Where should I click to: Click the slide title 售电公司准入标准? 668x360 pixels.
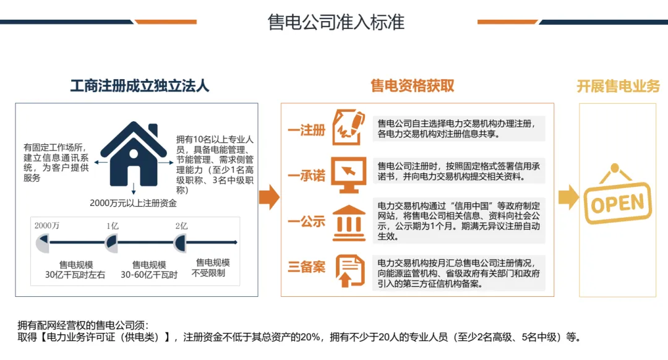point(335,22)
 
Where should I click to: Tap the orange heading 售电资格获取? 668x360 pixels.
point(412,86)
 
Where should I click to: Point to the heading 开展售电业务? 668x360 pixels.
point(618,86)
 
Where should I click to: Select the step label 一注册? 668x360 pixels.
point(306,131)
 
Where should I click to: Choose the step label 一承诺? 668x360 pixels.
point(306,176)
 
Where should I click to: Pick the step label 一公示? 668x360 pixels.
point(306,221)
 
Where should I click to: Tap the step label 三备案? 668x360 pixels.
point(306,267)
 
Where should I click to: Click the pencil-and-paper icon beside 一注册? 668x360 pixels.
point(348,127)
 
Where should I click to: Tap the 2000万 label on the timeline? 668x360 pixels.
point(47,226)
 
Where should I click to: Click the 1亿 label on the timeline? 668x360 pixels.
point(112,226)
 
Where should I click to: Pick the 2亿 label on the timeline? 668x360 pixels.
point(181,226)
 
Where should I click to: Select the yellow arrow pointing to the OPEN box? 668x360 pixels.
point(568,197)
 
